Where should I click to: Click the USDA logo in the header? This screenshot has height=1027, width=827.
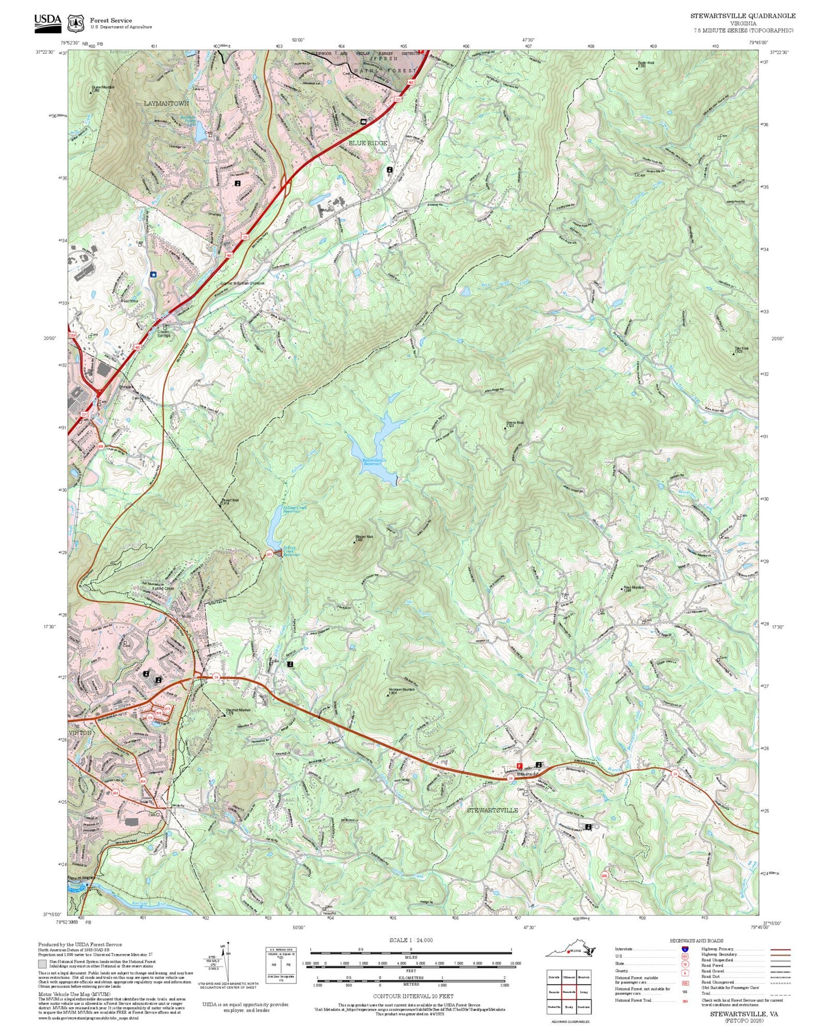pyautogui.click(x=48, y=22)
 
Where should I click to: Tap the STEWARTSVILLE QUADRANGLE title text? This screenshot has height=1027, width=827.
pyautogui.click(x=742, y=16)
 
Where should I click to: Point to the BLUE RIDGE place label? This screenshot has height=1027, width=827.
pyautogui.click(x=368, y=143)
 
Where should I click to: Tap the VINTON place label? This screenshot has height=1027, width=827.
pyautogui.click(x=80, y=733)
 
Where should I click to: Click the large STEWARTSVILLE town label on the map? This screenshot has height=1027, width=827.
pyautogui.click(x=492, y=810)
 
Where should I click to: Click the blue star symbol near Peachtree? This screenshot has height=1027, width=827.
pyautogui.click(x=153, y=274)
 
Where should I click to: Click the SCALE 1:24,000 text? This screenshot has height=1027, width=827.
pyautogui.click(x=411, y=940)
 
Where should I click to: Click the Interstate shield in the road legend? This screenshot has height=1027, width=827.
pyautogui.click(x=684, y=949)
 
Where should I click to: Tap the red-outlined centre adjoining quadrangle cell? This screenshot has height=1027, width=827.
pyautogui.click(x=568, y=992)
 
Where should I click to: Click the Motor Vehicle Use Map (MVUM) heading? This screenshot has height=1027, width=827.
pyautogui.click(x=74, y=994)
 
